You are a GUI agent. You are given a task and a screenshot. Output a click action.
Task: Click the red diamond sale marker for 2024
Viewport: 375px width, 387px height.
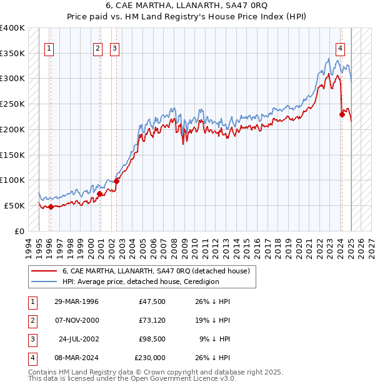pos(342,114)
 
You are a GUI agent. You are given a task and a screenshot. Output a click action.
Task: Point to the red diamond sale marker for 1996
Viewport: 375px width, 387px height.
pos(51,207)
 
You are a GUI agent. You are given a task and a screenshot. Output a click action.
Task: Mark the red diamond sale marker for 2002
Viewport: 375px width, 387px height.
pos(116,181)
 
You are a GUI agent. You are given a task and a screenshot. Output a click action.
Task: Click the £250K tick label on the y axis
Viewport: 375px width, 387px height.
pos(12,104)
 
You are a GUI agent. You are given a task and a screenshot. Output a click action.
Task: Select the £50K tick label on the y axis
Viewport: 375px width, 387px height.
pos(15,205)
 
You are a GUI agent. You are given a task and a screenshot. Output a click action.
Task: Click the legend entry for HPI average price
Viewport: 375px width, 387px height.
pos(140,282)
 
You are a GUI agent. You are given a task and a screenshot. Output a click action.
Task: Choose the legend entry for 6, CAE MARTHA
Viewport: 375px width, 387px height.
pos(156,271)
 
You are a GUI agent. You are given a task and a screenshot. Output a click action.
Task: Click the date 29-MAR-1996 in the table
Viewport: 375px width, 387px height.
pos(76,301)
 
